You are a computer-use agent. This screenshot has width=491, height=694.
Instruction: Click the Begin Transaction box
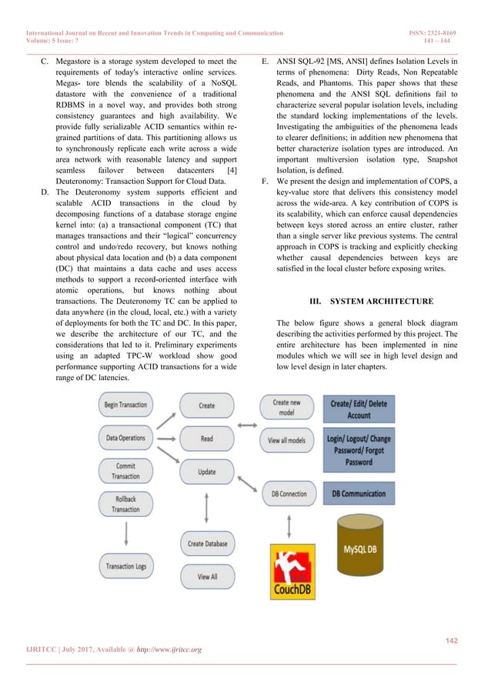click(x=126, y=404)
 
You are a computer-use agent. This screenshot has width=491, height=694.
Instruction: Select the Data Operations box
click(x=126, y=438)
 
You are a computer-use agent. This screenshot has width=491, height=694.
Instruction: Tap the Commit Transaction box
click(x=126, y=471)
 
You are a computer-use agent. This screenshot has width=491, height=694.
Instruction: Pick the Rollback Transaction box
click(x=126, y=504)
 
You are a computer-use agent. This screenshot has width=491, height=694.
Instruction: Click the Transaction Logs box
click(x=126, y=567)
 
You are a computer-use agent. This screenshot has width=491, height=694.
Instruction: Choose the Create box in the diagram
click(x=207, y=405)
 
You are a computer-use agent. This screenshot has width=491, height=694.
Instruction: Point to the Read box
click(x=207, y=439)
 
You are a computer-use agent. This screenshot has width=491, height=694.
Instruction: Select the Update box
click(x=207, y=471)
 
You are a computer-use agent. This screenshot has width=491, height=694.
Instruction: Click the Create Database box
click(x=207, y=544)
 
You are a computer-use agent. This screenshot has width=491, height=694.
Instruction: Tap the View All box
click(x=207, y=576)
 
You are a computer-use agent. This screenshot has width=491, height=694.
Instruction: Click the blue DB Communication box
click(x=359, y=493)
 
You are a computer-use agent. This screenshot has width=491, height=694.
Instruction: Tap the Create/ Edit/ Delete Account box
click(x=359, y=409)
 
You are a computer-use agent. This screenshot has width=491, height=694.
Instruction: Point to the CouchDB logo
click(x=292, y=571)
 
